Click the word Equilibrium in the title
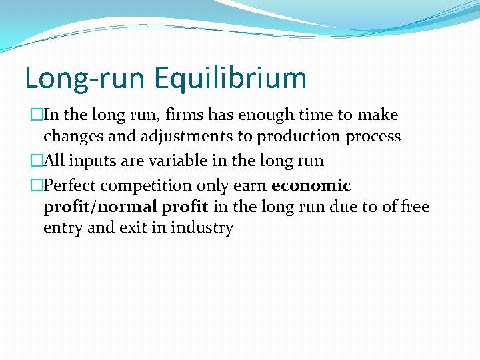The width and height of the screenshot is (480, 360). click(x=231, y=78)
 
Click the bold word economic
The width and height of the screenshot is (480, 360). click(x=311, y=185)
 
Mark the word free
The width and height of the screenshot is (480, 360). click(x=415, y=207)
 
